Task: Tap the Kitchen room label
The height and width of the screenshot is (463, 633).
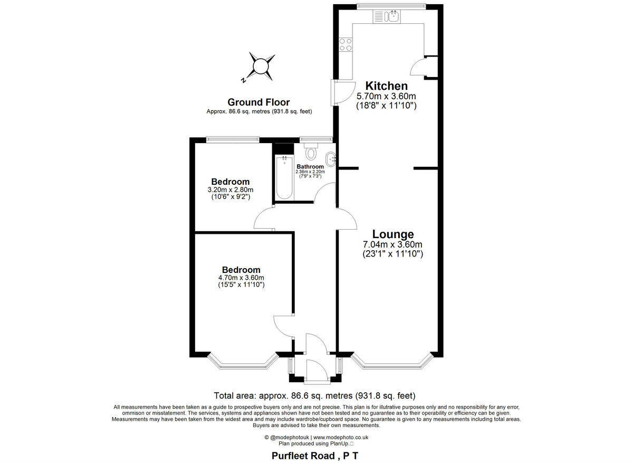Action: [387, 86]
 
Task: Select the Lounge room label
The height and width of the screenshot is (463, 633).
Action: [393, 234]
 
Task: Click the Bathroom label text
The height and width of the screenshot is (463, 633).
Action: [310, 167]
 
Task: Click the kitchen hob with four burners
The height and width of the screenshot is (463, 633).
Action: [346, 45]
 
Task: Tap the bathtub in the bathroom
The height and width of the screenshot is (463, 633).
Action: [284, 178]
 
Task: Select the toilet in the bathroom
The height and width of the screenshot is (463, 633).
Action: [311, 153]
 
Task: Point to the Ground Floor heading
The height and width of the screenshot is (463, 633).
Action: [258, 102]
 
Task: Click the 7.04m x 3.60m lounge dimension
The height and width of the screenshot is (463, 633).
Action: [393, 244]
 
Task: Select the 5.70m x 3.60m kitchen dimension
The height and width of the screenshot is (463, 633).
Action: [387, 96]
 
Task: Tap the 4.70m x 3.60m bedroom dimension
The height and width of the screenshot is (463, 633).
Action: [241, 278]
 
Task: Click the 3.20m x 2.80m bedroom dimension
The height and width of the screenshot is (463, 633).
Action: [231, 190]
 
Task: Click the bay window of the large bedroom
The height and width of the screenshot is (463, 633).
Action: [243, 363]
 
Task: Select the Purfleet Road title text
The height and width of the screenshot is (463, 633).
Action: [315, 456]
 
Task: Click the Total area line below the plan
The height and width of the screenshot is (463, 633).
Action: [315, 395]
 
